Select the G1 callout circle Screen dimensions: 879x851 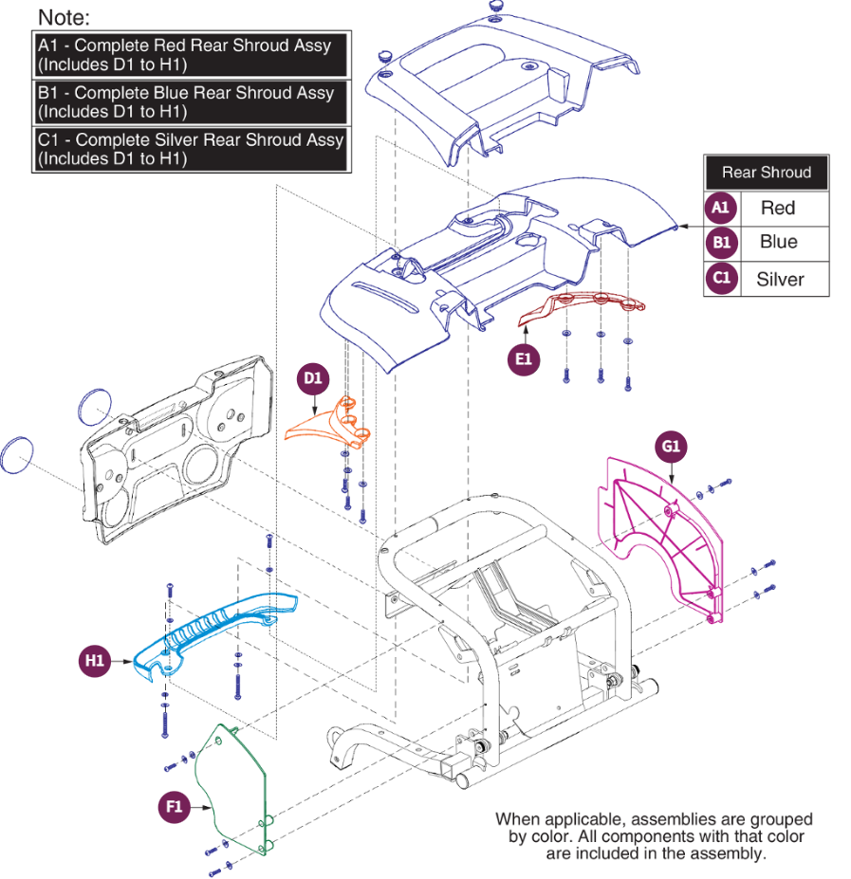(671, 446)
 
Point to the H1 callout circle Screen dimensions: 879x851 (94, 661)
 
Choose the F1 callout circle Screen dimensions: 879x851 (174, 807)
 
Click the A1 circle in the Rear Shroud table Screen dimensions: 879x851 (721, 208)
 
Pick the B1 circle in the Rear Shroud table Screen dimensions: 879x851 (721, 243)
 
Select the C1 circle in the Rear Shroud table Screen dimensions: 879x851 (721, 279)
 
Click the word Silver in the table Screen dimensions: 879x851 (779, 280)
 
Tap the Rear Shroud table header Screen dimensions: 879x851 (766, 173)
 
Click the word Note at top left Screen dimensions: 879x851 (63, 17)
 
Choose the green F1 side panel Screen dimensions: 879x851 (232, 787)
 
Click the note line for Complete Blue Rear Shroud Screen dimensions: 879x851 (190, 102)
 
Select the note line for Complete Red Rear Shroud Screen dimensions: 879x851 (190, 55)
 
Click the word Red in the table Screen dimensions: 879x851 (778, 209)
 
